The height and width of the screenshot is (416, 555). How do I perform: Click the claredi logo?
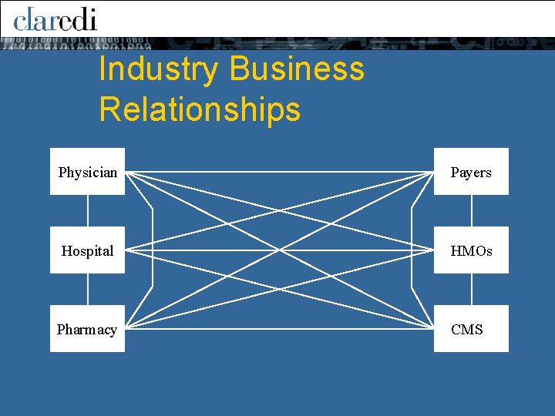(x=55, y=18)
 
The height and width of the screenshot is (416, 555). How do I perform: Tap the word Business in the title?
(x=296, y=69)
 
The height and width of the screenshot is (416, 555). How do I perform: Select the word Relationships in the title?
(x=200, y=109)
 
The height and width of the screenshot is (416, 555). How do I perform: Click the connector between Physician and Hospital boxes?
(x=88, y=210)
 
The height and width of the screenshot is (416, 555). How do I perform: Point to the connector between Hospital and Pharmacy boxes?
(x=88, y=289)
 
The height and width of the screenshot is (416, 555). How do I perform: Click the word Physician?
(x=88, y=173)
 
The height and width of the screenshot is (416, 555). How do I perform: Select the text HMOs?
(x=471, y=251)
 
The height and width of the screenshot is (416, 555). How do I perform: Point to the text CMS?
(x=467, y=330)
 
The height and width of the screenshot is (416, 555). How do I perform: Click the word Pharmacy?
(x=87, y=330)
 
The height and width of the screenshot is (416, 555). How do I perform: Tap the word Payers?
(x=471, y=173)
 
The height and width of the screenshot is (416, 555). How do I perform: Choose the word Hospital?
(x=87, y=251)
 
